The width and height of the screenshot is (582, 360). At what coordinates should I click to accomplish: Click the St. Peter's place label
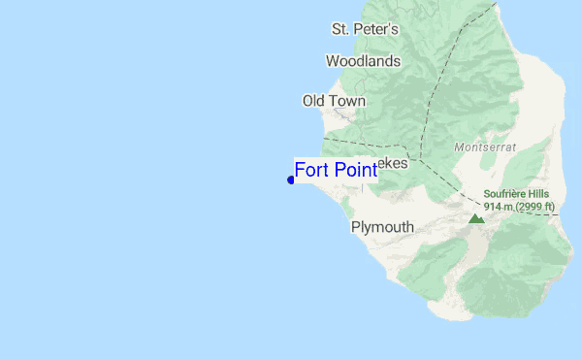tap(365, 29)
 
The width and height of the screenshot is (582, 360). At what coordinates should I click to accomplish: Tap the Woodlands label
tap(363, 61)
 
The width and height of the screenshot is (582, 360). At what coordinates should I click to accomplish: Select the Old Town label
tap(334, 101)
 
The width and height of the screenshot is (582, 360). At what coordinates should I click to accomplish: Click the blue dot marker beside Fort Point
tap(291, 180)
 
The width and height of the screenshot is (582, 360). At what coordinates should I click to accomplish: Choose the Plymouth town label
tap(382, 227)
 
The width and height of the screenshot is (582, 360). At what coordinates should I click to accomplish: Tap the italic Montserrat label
tap(485, 147)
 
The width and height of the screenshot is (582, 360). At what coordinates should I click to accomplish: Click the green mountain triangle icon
tap(476, 218)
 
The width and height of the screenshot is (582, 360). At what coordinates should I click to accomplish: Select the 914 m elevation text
tap(499, 206)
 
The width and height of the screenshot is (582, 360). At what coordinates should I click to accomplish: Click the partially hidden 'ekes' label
tap(393, 163)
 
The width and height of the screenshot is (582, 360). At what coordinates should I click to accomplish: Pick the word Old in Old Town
tap(314, 101)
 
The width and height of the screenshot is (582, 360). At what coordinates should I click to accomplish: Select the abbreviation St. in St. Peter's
tap(340, 29)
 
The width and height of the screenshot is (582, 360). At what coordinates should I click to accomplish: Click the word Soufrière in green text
tap(504, 194)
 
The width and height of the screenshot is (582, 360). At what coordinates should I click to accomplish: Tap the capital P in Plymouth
tap(356, 227)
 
